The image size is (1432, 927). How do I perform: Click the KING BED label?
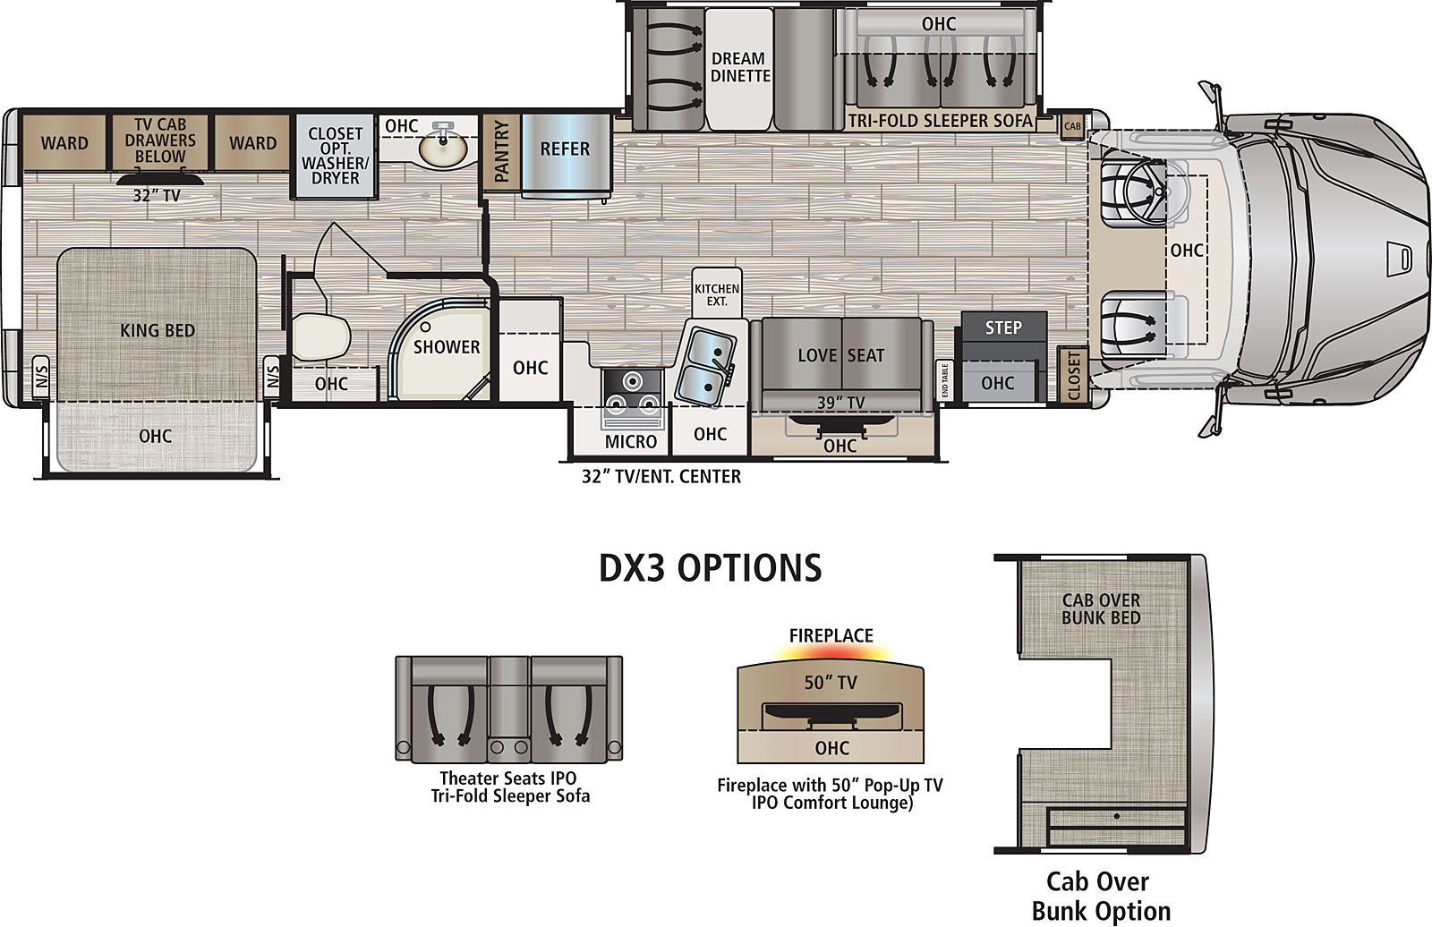158,330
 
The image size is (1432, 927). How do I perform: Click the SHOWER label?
447,347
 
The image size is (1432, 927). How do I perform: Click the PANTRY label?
502,151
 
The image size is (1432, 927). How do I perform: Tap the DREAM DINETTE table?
739,68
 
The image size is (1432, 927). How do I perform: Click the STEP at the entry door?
1003,327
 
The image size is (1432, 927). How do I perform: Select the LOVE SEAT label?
840,355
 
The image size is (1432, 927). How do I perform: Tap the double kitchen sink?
705,366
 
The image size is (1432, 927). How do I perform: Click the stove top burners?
632,392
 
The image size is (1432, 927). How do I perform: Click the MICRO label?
631,442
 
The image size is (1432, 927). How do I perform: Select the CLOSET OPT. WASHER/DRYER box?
335,156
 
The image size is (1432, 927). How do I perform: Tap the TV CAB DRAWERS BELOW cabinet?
160,142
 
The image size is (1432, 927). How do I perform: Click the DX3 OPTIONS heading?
711,567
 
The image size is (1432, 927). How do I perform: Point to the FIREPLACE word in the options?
831,635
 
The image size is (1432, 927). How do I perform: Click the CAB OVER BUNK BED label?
1101,609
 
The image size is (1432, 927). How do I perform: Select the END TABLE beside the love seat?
944,380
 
